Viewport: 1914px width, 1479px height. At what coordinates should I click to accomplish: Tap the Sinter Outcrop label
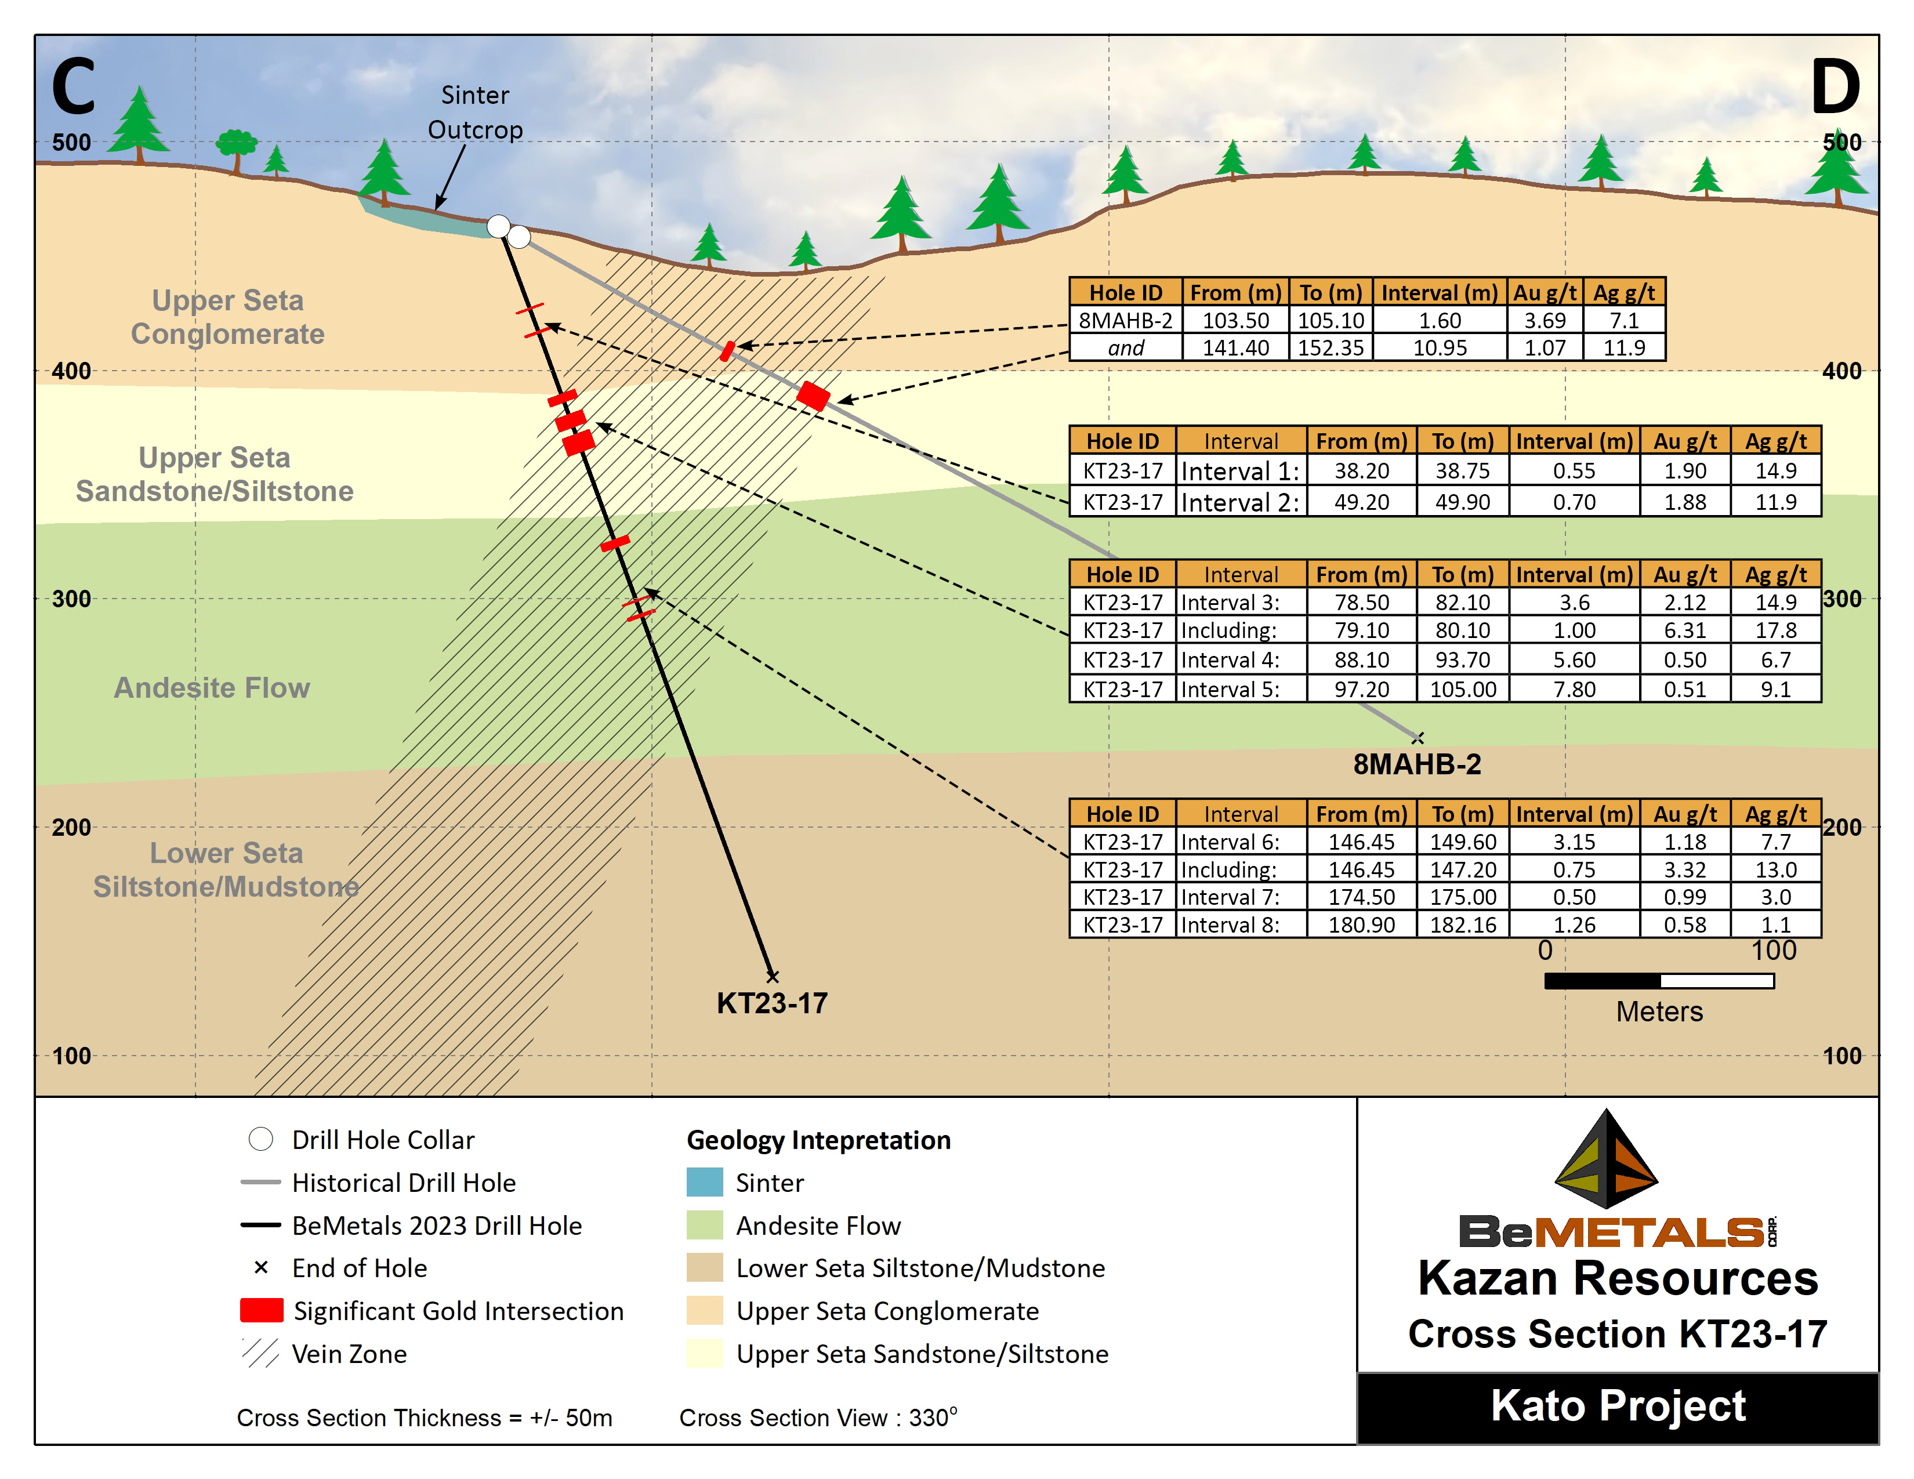tap(475, 112)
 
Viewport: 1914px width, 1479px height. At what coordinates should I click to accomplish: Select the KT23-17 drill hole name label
tap(771, 1003)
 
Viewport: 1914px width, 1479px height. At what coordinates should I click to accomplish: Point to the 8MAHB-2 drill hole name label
tap(1416, 764)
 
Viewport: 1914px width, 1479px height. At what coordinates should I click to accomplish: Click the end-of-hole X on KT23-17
tap(772, 976)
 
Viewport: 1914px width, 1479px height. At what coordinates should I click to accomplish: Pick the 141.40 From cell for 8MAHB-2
tap(1235, 348)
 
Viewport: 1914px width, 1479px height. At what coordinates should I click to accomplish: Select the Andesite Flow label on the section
tap(212, 688)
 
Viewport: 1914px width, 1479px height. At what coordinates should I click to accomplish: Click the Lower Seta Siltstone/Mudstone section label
tap(226, 870)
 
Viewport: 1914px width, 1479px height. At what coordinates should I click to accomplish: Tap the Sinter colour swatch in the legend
tap(705, 1182)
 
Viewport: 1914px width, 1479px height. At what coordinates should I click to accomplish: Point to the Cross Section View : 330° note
tap(818, 1418)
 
